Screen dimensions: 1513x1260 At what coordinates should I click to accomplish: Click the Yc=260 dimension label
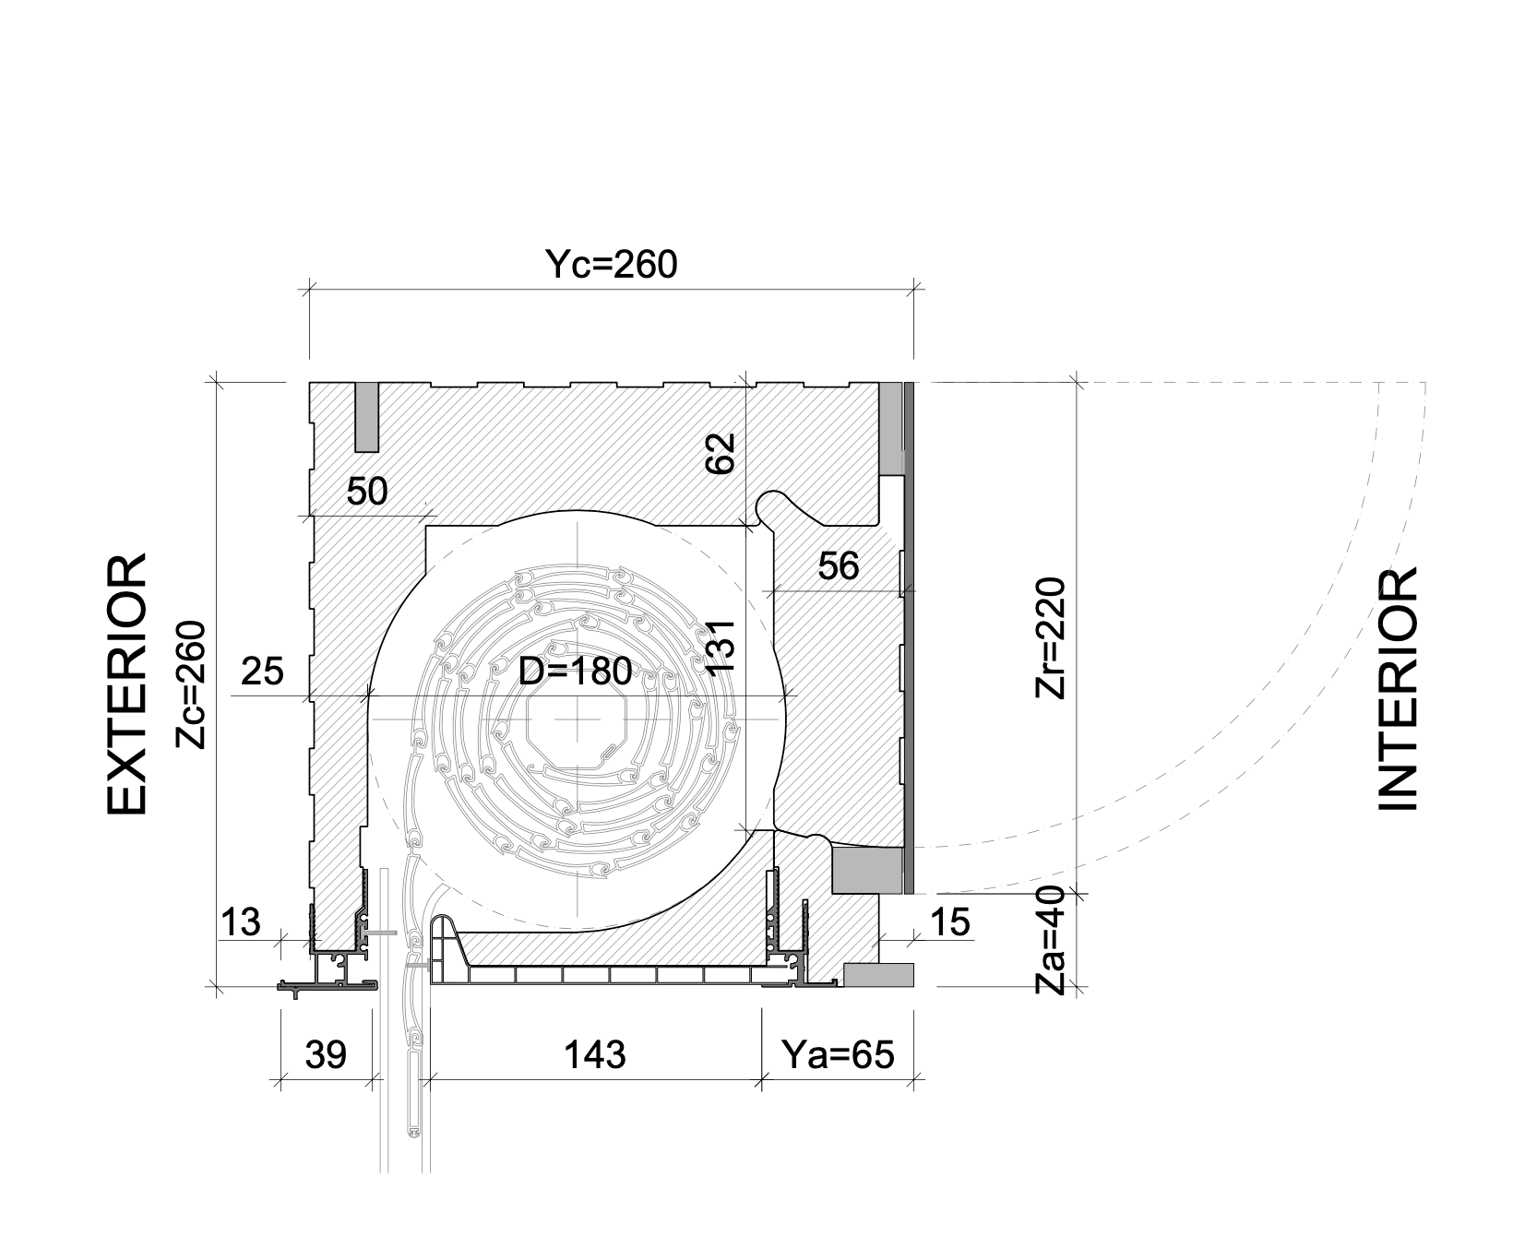point(611,265)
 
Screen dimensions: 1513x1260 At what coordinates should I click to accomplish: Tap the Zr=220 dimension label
point(1050,638)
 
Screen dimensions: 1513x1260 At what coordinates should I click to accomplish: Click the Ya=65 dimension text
point(838,1053)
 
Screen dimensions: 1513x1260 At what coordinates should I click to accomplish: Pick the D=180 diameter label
point(575,672)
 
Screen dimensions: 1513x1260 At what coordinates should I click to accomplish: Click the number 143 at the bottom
point(596,1053)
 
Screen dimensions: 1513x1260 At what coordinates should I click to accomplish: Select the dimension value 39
point(326,1053)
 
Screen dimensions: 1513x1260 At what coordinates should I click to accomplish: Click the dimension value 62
point(721,453)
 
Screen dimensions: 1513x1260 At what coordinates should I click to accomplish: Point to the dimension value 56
point(839,565)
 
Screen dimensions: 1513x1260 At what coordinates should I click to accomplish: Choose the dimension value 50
point(367,492)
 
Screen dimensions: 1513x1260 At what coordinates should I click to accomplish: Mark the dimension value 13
point(241,921)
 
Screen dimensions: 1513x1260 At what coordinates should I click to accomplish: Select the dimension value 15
point(951,921)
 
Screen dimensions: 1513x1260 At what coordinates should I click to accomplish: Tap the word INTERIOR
point(1398,690)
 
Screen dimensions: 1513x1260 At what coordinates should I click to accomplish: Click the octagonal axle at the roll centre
point(580,719)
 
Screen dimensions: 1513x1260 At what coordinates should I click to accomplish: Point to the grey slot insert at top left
point(367,417)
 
